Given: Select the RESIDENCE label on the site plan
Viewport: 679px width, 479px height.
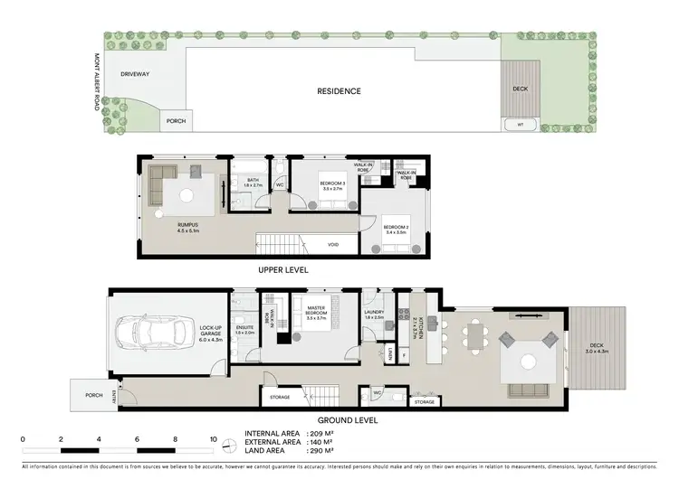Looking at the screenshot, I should click(x=339, y=91).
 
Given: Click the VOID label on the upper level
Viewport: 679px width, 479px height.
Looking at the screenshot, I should click(x=333, y=243).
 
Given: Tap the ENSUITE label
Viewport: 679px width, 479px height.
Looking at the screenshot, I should click(x=244, y=329).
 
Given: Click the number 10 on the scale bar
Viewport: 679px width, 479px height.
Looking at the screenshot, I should click(x=214, y=439).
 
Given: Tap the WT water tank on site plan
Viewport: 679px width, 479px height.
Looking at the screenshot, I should click(x=519, y=124).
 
